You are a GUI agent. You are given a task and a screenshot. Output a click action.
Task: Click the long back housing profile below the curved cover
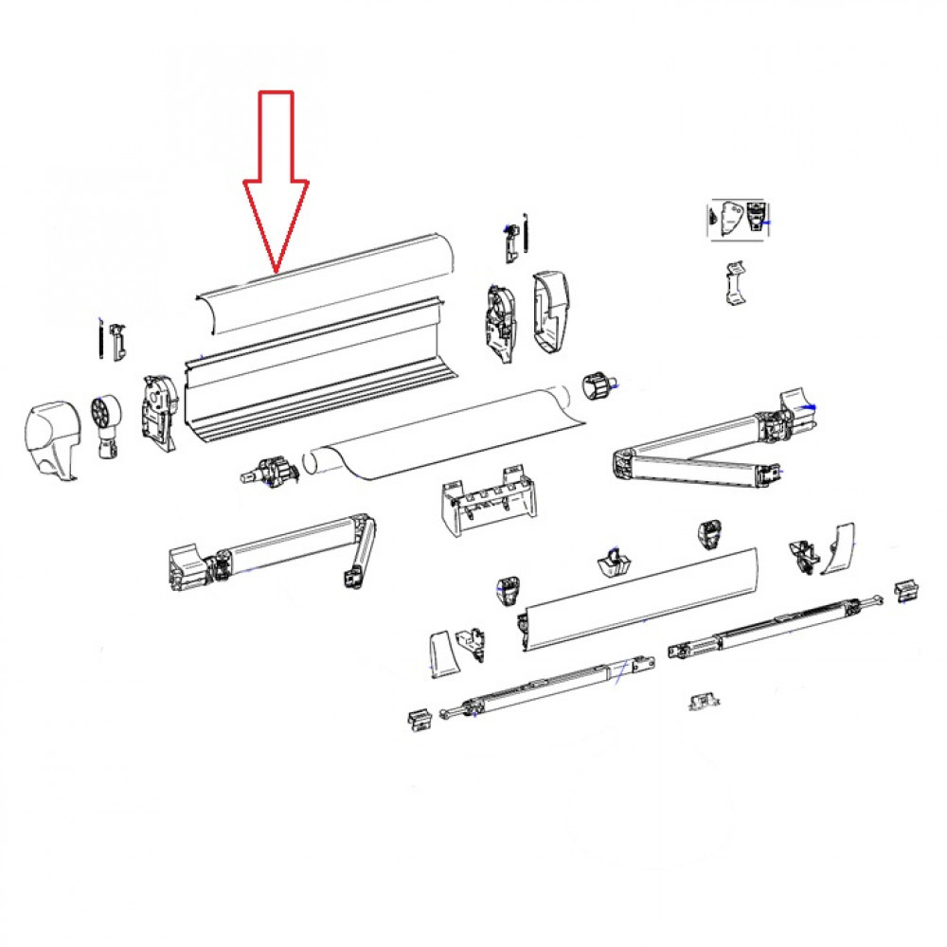point(313,379)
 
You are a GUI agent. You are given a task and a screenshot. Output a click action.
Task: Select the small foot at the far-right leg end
point(906,589)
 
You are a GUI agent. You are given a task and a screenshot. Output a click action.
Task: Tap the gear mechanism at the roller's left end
point(272,468)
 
